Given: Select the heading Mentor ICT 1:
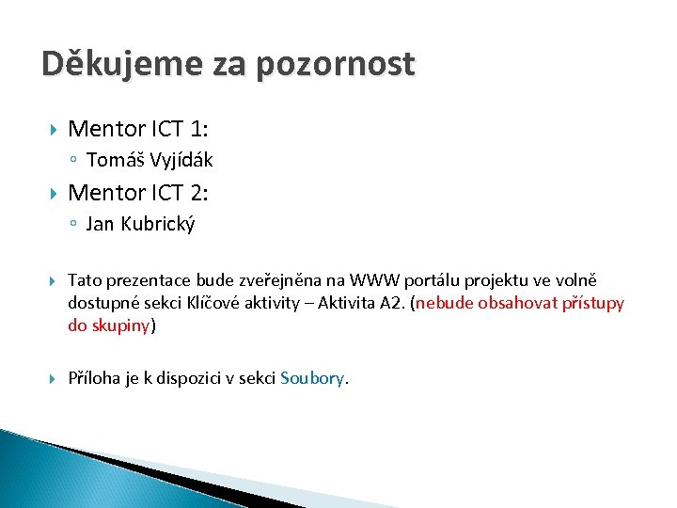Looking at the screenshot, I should click(138, 128).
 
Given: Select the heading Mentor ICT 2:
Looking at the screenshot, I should click(138, 193).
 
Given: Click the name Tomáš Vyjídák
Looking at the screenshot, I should click(150, 160).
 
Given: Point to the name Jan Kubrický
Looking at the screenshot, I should click(140, 225).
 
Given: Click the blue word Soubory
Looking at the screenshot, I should click(312, 378).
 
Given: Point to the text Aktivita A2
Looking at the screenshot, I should click(362, 303).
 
